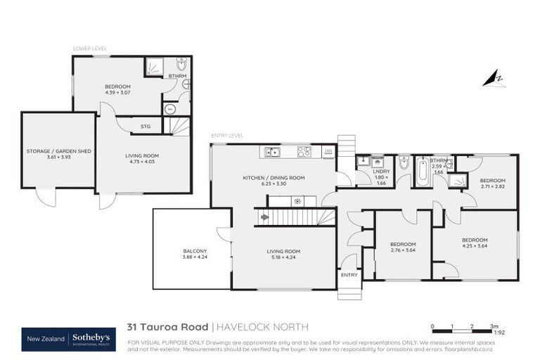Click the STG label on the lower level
click(146, 127)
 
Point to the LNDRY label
click(381, 171)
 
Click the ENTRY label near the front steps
click(349, 275)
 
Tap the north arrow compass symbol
click(494, 79)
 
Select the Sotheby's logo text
click(91, 338)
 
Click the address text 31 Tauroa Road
click(167, 327)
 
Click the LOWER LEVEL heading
click(90, 49)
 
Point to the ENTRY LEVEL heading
click(227, 135)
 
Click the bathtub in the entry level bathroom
click(422, 173)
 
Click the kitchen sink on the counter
click(271, 151)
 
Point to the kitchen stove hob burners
click(304, 151)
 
